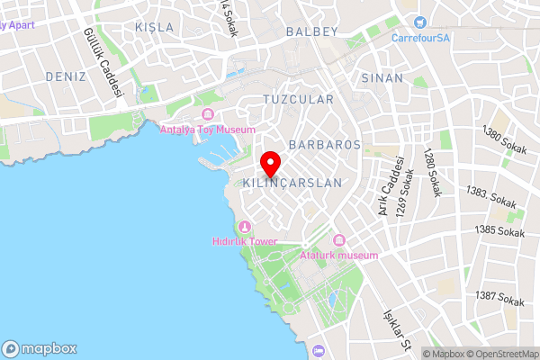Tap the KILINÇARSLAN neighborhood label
(293, 183)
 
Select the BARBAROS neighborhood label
(325, 144)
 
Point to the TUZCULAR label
(298, 99)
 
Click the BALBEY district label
(311, 31)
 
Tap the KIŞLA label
(154, 27)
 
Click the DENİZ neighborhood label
(65, 76)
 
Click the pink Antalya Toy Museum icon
(209, 114)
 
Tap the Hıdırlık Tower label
(245, 241)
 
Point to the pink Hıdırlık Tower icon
(245, 226)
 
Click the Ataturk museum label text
(338, 256)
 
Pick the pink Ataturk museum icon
(339, 240)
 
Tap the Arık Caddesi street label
(388, 185)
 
